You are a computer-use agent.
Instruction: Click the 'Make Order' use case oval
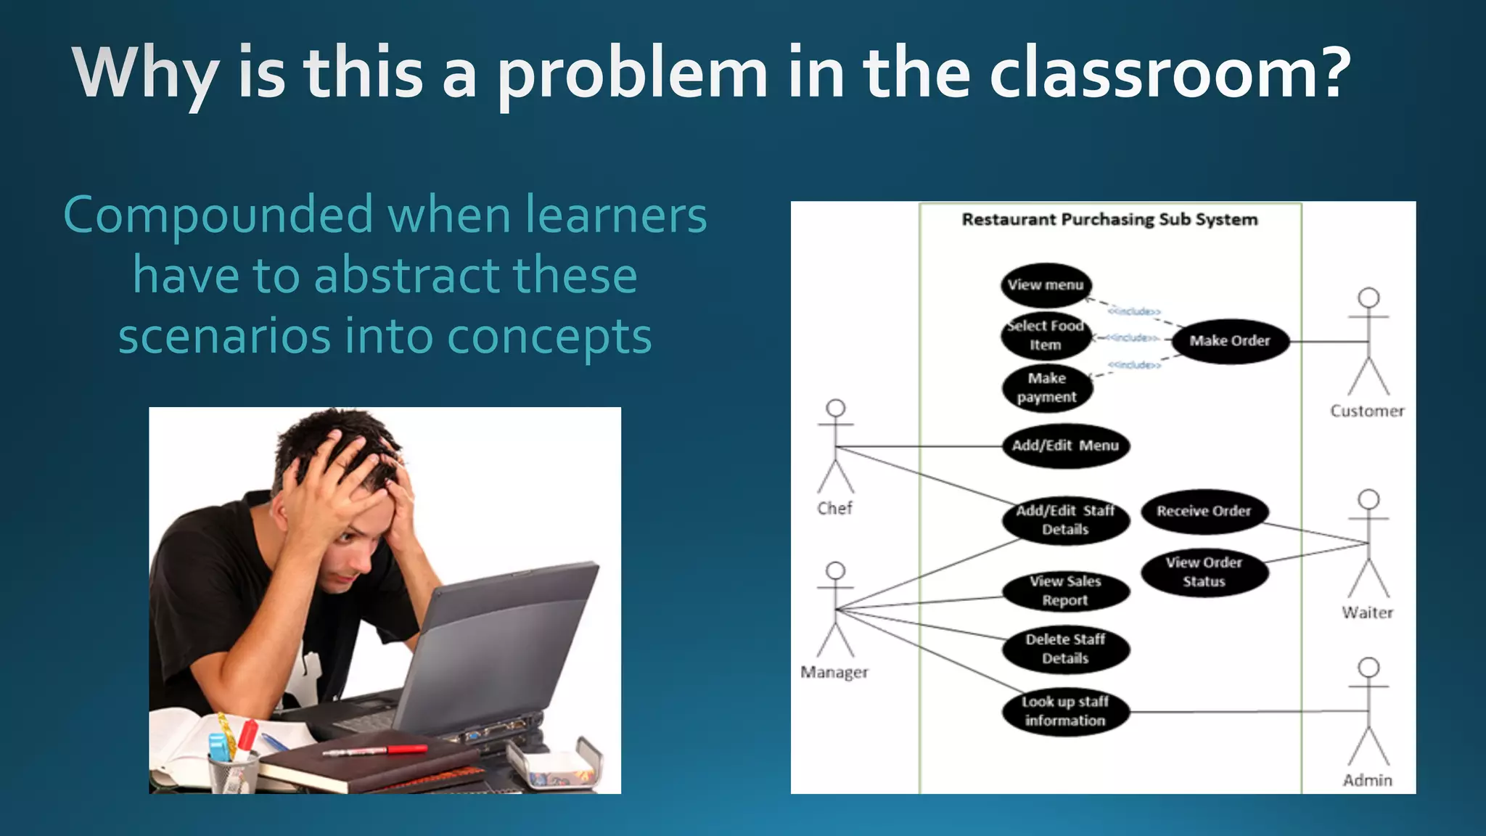click(x=1230, y=341)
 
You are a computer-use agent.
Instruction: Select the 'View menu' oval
click(x=1046, y=285)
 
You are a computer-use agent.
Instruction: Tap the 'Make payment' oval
click(x=1047, y=388)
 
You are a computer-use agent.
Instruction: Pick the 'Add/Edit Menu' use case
click(x=1065, y=446)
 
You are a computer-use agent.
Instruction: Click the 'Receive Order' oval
click(x=1204, y=511)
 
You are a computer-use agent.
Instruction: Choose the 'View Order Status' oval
click(x=1204, y=572)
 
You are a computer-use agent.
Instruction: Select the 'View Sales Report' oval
click(x=1065, y=591)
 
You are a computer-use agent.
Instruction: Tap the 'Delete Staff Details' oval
click(x=1065, y=649)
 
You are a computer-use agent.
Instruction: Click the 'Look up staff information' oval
click(x=1065, y=711)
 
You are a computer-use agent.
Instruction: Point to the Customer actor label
click(x=1367, y=411)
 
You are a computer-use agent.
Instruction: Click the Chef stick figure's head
click(x=836, y=408)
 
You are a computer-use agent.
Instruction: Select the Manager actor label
click(x=834, y=673)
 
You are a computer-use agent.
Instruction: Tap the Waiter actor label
click(x=1367, y=613)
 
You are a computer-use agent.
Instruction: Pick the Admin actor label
click(x=1367, y=781)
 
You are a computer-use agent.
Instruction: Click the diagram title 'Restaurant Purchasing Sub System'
click(x=1109, y=220)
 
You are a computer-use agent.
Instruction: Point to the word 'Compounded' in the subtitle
click(x=218, y=216)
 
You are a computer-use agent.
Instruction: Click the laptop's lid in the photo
click(x=501, y=639)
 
